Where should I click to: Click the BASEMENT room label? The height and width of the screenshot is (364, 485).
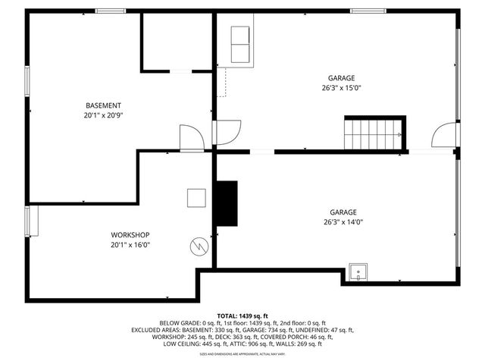tap(104, 105)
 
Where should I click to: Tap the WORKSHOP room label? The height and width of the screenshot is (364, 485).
tap(130, 234)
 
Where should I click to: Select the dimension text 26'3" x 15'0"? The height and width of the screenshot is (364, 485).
tap(341, 87)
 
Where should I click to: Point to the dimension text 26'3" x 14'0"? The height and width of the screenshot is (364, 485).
tap(343, 222)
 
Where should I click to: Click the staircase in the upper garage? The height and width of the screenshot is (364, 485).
tap(374, 133)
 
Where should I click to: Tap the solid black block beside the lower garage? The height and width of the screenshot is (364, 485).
tap(227, 202)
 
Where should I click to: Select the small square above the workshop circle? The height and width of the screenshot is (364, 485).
tap(197, 197)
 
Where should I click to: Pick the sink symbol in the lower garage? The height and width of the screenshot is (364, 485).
tap(357, 271)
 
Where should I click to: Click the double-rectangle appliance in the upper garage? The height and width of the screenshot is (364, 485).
tap(240, 46)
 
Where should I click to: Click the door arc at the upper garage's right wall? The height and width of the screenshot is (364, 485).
tap(443, 136)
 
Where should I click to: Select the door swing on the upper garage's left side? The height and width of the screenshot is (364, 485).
tap(227, 132)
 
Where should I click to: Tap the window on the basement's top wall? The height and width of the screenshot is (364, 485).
tap(111, 11)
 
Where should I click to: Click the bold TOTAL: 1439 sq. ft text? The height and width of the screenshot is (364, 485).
tap(242, 315)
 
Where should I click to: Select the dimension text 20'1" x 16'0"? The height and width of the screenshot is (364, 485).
tap(130, 245)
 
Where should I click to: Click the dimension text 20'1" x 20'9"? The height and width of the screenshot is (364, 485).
tap(104, 116)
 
